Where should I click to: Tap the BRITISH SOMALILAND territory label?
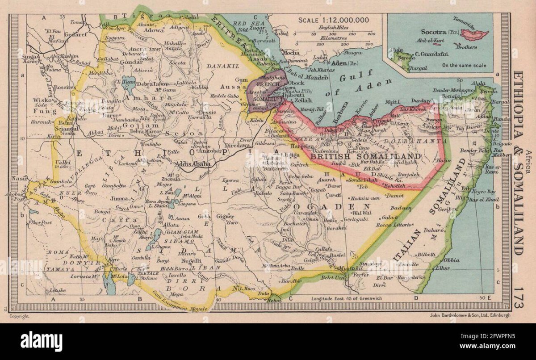pos(365,156)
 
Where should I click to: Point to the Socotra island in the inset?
pos(474,34)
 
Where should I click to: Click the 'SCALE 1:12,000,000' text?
pos(334,20)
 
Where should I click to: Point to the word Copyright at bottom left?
pos(20,316)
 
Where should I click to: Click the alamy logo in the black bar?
pos(41,342)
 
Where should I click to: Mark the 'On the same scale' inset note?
pos(464,65)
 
